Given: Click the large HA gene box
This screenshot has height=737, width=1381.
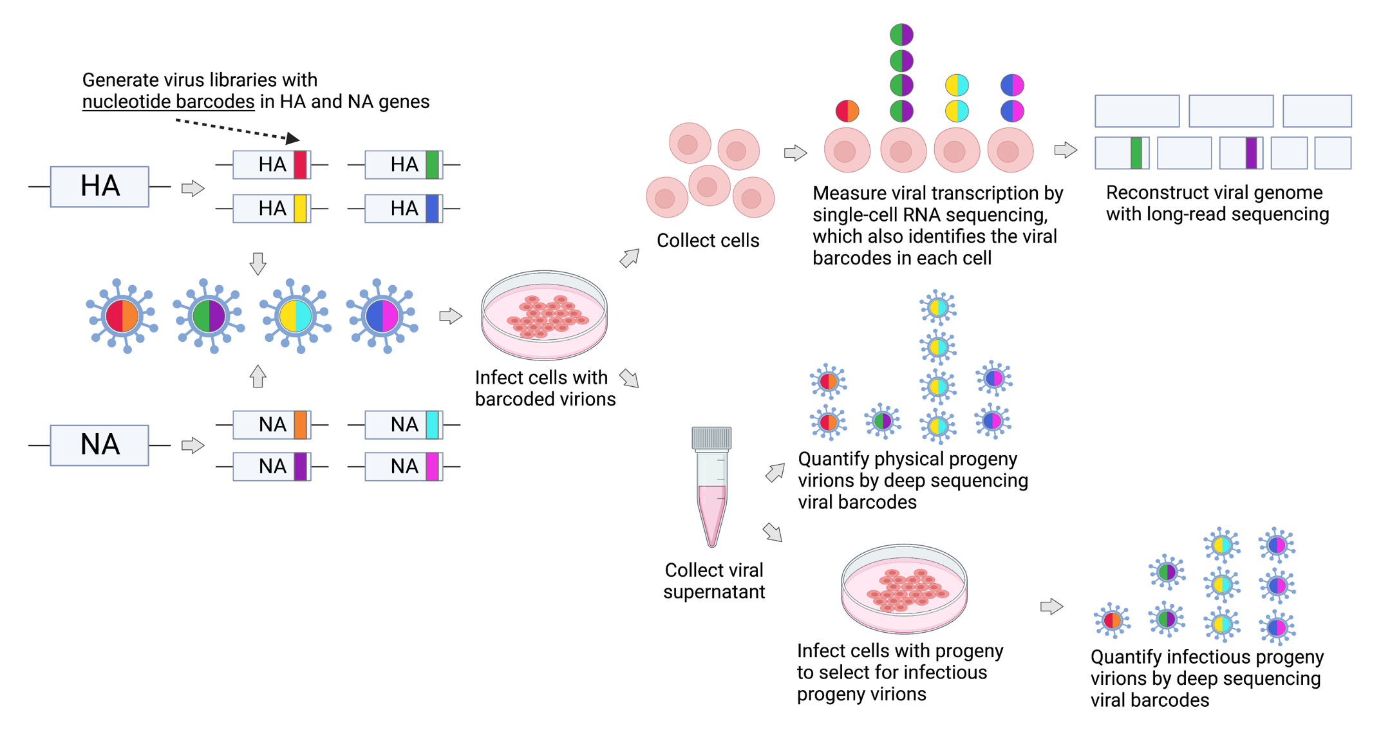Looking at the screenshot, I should tap(100, 187).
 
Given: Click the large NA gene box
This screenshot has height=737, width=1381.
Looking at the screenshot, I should tap(100, 445).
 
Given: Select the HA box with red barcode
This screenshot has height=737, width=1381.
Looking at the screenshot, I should tap(272, 165).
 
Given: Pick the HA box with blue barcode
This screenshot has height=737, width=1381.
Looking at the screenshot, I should tap(404, 209).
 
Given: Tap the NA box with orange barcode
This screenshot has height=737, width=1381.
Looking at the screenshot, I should tap(272, 425).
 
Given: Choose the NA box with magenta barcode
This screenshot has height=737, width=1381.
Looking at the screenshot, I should tap(404, 467).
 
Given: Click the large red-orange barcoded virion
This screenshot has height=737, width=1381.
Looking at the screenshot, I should tap(122, 316).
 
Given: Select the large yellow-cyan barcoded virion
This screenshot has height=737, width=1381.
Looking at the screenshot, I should tap(295, 316).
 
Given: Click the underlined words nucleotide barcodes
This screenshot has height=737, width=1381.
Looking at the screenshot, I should tap(168, 102).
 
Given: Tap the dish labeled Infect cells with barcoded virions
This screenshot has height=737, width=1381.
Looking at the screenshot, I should tap(544, 315).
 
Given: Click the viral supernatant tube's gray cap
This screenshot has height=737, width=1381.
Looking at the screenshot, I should tap(711, 438).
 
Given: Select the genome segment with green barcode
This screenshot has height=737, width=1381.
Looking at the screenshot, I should tap(1122, 153).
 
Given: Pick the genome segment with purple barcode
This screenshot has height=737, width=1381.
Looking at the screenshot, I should tap(1241, 153).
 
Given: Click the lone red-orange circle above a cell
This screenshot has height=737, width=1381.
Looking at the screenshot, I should tap(847, 111).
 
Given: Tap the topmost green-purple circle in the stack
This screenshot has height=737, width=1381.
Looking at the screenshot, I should tap(901, 34).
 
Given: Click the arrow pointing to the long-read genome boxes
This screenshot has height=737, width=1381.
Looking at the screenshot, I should tap(1066, 150).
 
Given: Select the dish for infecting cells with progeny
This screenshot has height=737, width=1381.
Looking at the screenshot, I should tap(904, 588).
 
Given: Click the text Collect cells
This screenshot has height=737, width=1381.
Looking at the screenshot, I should tap(708, 241).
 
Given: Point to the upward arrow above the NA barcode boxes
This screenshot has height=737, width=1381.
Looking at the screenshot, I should tap(258, 376).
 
